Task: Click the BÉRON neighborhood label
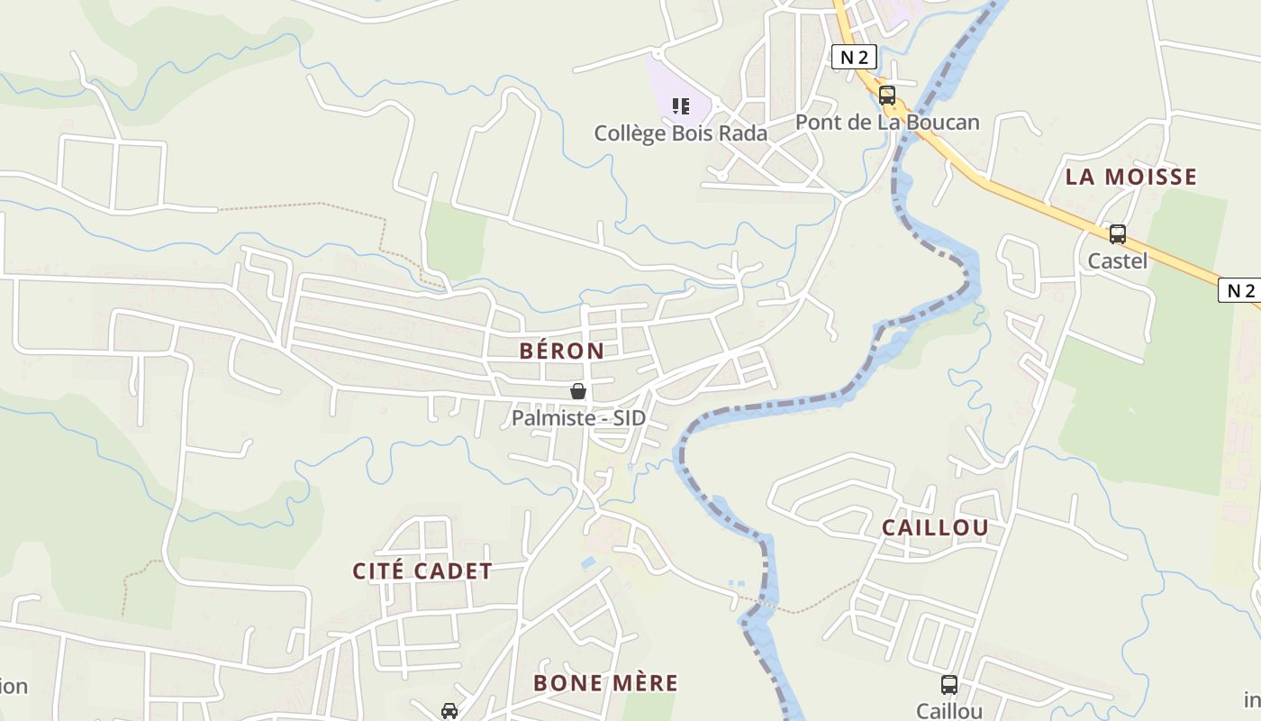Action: [x=562, y=351]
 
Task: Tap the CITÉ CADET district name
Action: [x=422, y=571]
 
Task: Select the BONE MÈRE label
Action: [x=605, y=683]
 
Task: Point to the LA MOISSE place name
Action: [x=1131, y=177]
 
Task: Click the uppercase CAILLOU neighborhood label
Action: [x=935, y=528]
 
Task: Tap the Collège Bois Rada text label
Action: [x=681, y=133]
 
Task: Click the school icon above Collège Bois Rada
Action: [x=681, y=106]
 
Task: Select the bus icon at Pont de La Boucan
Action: [x=887, y=96]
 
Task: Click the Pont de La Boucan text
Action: [x=887, y=123]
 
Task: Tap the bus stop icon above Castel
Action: [x=1118, y=234]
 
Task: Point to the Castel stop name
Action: [x=1118, y=261]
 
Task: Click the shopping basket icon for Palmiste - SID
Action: [x=578, y=391]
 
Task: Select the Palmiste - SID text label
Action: [x=578, y=418]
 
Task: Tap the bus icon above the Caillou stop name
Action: [x=949, y=685]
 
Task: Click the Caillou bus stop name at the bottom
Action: [x=949, y=711]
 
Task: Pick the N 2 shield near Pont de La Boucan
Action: [x=853, y=58]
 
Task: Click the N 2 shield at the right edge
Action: [x=1240, y=290]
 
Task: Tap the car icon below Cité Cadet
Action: [x=449, y=711]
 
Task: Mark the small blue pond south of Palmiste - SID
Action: [x=588, y=562]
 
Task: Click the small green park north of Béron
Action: [x=455, y=239]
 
